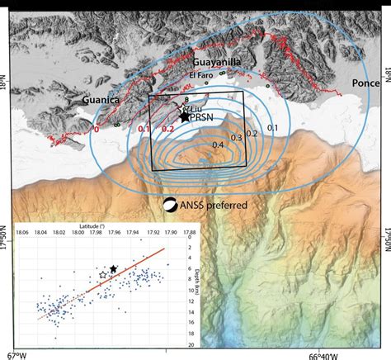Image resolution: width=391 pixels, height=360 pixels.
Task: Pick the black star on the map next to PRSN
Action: click(x=184, y=119)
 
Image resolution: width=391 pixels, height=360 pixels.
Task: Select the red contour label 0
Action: click(x=97, y=129)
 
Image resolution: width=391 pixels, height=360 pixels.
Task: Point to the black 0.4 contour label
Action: click(x=218, y=145)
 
